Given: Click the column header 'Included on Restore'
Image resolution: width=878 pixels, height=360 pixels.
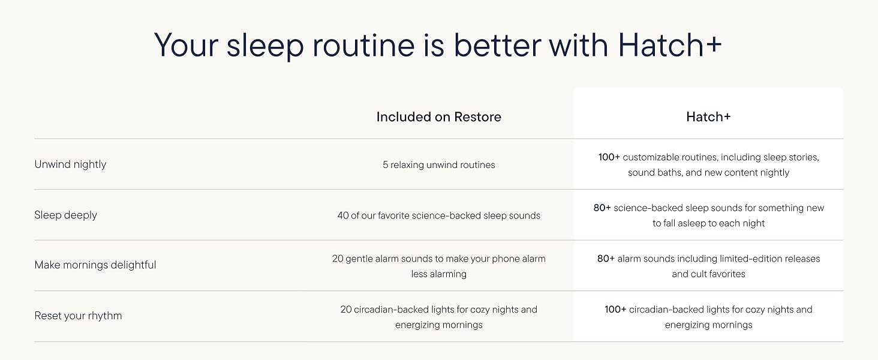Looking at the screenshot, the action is pos(438,117).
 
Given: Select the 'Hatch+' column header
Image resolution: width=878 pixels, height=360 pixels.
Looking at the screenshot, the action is pos(708,117).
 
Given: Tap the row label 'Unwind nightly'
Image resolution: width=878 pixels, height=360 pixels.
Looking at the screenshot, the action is pos(70,164).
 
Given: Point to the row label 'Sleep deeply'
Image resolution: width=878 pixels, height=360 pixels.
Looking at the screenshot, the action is pos(65,215).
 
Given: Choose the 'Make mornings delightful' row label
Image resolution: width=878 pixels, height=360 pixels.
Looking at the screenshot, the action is pos(95,265).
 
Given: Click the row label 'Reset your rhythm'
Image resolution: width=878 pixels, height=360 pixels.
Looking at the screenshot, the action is pos(78,316).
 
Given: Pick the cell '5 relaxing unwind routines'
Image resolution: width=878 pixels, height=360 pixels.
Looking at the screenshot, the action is pos(438,165).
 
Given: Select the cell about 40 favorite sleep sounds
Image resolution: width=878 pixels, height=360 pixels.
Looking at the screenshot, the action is pos(438,215).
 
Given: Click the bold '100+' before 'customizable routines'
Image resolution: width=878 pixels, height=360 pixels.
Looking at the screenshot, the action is pos(609,157).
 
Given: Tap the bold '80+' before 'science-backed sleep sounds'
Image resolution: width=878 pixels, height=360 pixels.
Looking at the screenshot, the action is pos(602,208).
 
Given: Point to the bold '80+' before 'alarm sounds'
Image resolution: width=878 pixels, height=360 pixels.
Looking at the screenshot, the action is pos(606,259).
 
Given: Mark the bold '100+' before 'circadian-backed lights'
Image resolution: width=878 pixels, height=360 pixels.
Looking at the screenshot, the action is pos(615,310).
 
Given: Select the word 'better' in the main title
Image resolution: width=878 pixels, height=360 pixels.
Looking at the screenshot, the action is pos(497,46).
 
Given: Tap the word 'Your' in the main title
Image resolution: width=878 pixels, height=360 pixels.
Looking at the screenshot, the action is pos(186,46).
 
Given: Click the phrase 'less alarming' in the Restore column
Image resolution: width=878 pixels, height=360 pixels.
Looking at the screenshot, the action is pos(438,274).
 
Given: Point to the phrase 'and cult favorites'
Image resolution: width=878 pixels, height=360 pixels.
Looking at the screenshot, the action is pos(708,274).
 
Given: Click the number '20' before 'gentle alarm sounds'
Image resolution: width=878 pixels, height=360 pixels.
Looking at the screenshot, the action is pos(338,259).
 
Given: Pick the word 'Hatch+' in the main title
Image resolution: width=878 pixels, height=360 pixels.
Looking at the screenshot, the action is pos(670,46).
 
